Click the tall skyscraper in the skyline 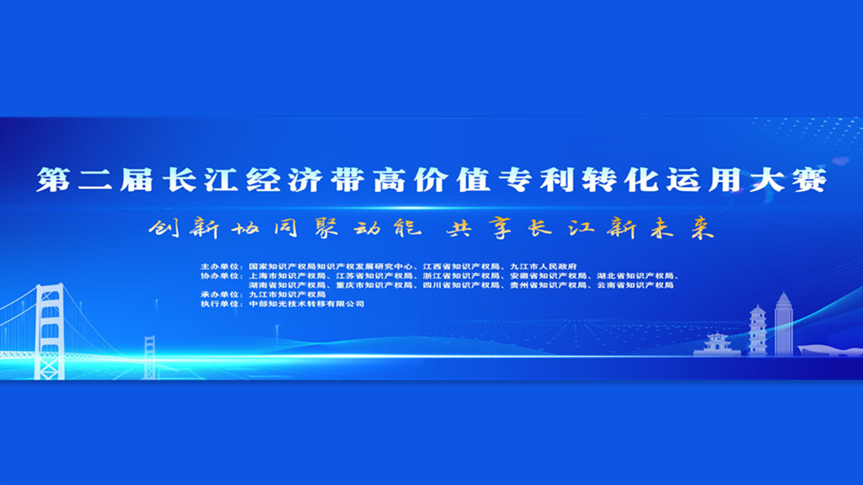(784, 324)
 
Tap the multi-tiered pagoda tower (758, 330)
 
